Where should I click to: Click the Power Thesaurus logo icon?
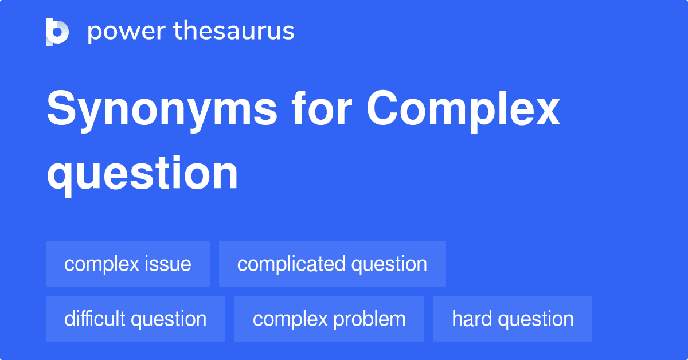pyautogui.click(x=57, y=32)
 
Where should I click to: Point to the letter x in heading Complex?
pyautogui.click(x=545, y=111)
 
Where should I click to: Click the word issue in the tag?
pyautogui.click(x=168, y=264)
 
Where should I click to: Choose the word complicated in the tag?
pyautogui.click(x=291, y=264)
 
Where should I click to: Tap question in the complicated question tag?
pyautogui.click(x=389, y=264)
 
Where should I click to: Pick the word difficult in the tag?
pyautogui.click(x=95, y=319)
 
